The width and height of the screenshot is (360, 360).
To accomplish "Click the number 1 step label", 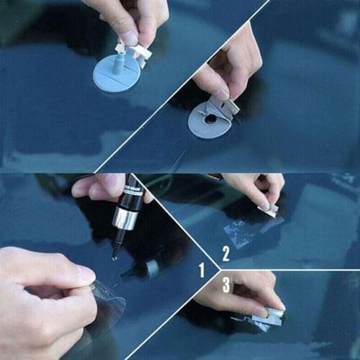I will click(x=202, y=271).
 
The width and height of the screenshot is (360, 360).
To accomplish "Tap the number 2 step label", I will click(x=225, y=253).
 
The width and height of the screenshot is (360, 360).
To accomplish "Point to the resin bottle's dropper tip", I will click(x=116, y=248).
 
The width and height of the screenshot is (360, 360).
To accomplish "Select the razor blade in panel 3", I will click(x=272, y=312).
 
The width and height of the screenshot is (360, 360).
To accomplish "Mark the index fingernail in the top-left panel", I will click(x=129, y=38).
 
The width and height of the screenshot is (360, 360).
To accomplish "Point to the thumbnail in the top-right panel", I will click(x=220, y=94).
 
